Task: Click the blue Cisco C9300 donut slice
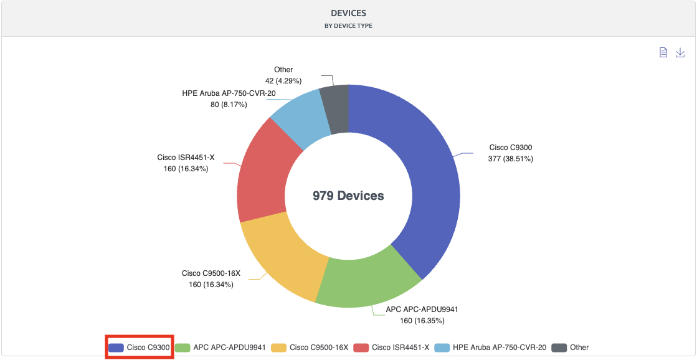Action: coord(430,187)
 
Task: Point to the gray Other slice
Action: coord(335,109)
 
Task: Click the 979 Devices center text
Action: coord(348,196)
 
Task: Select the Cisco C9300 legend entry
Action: coord(139,348)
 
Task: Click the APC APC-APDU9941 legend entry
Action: coord(220,348)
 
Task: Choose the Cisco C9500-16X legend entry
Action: coord(310,348)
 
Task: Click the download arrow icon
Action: coord(680,53)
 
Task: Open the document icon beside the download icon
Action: coord(664,53)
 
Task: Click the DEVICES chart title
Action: coord(348,12)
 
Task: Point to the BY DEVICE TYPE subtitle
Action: coord(348,26)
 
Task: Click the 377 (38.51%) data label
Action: coord(510,159)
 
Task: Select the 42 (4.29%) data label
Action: coord(283,81)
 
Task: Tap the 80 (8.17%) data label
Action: coord(229,105)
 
